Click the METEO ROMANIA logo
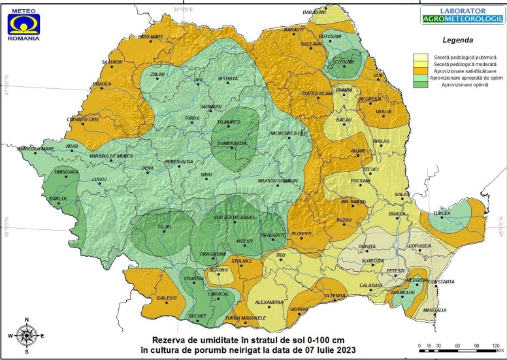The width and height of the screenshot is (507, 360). (24, 22)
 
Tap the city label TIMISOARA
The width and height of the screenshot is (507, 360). (66, 172)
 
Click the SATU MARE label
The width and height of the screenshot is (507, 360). (150, 37)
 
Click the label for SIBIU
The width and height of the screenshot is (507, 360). (206, 175)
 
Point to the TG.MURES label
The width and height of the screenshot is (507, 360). (229, 122)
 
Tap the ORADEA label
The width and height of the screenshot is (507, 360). (101, 84)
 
